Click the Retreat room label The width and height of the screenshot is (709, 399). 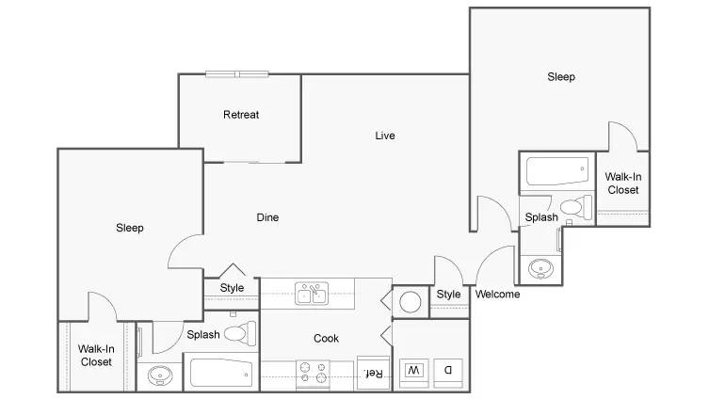coord(241,115)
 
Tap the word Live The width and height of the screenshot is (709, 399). coord(385,136)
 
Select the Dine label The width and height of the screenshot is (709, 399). coord(267,217)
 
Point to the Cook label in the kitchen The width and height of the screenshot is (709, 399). coord(326,339)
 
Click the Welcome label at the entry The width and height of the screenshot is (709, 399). coord(497,295)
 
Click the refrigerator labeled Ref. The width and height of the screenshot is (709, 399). coord(374,373)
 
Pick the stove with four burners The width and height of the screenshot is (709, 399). coord(313,374)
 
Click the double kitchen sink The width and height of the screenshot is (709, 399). coord(312,294)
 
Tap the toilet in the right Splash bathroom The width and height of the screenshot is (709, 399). coord(576,207)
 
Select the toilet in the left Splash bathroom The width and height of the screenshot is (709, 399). coord(240,333)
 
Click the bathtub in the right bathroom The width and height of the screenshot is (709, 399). coord(557,171)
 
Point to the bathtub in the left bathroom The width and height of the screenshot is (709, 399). coord(221,373)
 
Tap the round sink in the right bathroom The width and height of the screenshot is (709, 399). coord(540,269)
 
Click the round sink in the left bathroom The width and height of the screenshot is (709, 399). coord(160,375)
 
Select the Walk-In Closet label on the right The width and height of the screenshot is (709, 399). coord(623,184)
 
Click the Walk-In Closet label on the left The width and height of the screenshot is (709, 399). coord(96,356)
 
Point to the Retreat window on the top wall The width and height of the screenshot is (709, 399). coord(237,74)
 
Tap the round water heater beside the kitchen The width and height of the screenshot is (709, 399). coord(411,302)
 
